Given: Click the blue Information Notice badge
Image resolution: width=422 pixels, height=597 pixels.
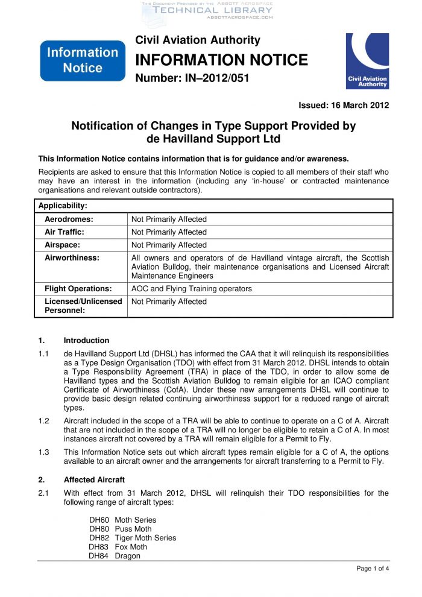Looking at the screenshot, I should (x=83, y=60).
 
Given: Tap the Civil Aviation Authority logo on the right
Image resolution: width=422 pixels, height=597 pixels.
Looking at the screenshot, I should (x=367, y=61).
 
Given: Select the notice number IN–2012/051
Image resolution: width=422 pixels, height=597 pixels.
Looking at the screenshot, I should (x=191, y=78).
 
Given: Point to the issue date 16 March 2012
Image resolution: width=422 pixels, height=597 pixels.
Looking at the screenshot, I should (x=344, y=106).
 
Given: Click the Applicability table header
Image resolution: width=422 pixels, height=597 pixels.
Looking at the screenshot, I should (x=63, y=206).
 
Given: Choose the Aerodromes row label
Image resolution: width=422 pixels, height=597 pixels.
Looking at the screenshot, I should (x=69, y=219).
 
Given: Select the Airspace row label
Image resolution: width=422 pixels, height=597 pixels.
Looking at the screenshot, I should (x=63, y=245).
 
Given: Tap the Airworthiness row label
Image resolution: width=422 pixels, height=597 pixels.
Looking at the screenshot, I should (x=72, y=258).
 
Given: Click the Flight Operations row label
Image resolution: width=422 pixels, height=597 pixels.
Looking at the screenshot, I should (x=78, y=289).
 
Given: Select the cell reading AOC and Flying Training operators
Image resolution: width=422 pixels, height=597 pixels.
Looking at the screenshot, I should (x=192, y=289).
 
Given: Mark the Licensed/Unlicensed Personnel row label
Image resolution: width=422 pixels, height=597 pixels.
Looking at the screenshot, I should (x=83, y=306).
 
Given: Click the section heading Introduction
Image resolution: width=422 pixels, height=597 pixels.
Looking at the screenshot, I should (x=86, y=340).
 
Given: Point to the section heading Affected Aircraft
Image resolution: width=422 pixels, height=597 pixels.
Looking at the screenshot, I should (x=94, y=480).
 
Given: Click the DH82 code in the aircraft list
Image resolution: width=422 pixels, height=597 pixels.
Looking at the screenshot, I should (x=99, y=538).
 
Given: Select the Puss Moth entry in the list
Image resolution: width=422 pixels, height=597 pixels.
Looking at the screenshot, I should (x=133, y=529).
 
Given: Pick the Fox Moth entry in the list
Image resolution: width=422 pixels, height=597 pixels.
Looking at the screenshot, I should (x=131, y=547).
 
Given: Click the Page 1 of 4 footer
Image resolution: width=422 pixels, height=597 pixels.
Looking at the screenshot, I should (x=373, y=569).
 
